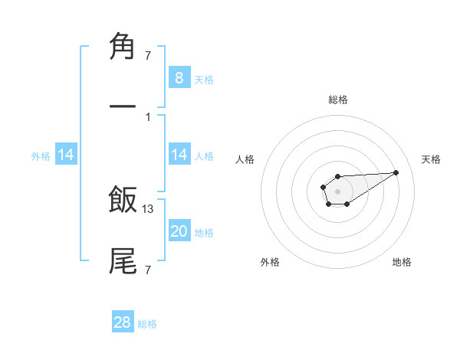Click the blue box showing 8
(x=179, y=77)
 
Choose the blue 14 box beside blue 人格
(x=179, y=155)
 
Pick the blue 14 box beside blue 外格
(x=66, y=155)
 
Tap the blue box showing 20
(x=179, y=231)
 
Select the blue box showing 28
(x=123, y=322)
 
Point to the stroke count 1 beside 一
(x=147, y=116)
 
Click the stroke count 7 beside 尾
(x=147, y=270)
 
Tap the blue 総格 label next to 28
(x=147, y=324)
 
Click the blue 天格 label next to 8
(x=204, y=79)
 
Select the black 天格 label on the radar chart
(x=431, y=159)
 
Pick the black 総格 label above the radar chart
(x=337, y=100)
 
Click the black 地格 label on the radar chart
(x=402, y=262)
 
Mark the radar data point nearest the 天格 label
(x=396, y=172)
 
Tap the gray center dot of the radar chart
(x=337, y=190)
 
